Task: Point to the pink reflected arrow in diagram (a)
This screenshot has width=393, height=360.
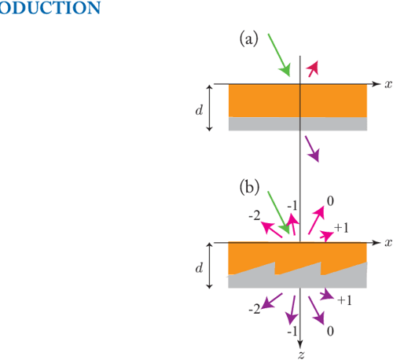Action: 314,69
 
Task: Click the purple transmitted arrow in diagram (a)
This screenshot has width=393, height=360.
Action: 312,148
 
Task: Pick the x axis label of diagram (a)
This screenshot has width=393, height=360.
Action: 387,83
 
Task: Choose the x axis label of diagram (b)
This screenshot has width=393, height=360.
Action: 387,242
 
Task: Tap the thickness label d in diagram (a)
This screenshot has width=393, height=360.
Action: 199,108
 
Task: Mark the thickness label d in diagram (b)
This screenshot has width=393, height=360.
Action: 199,266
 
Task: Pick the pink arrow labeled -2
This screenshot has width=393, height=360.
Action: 272,227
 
